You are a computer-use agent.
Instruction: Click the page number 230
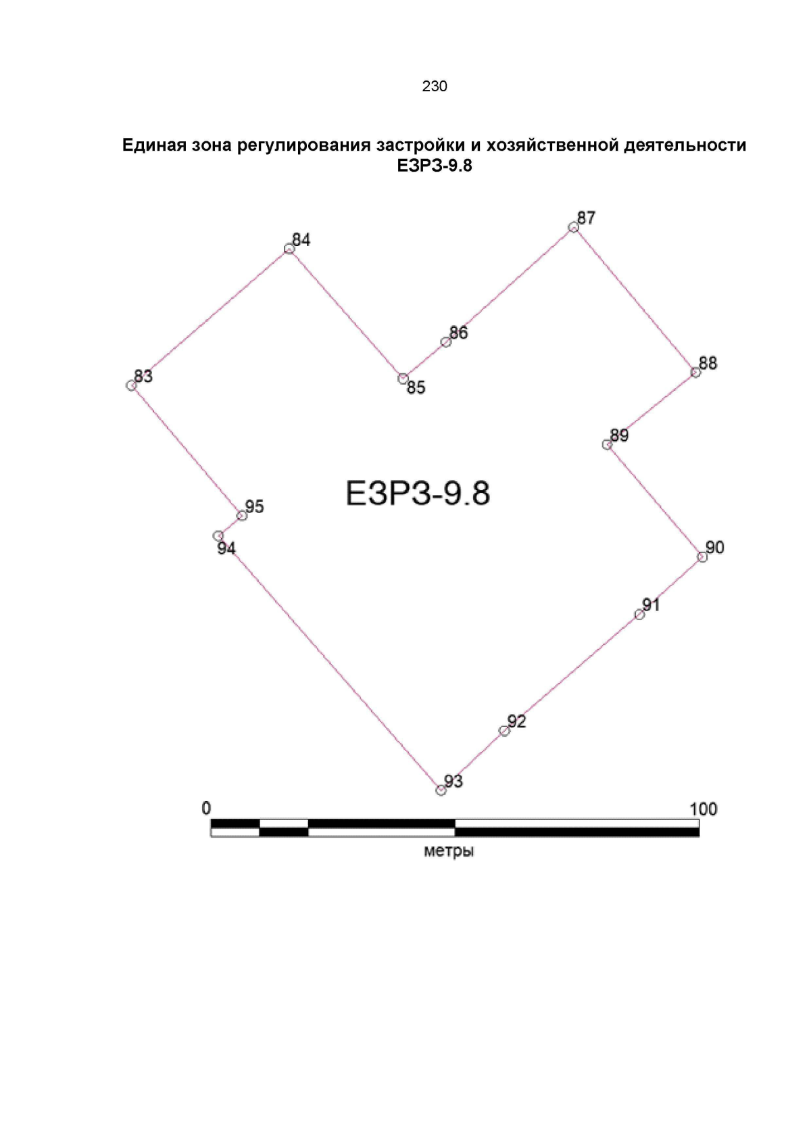point(434,86)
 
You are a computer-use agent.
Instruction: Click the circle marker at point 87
point(573,228)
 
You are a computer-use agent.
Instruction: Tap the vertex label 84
point(301,240)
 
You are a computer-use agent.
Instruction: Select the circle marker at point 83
point(131,385)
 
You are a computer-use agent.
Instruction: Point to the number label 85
point(416,388)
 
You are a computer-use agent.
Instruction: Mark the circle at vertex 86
point(446,342)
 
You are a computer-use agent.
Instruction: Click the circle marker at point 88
point(695,373)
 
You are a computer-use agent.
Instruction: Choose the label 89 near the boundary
point(619,435)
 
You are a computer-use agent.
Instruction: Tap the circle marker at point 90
point(702,557)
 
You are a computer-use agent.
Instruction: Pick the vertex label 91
point(651,604)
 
